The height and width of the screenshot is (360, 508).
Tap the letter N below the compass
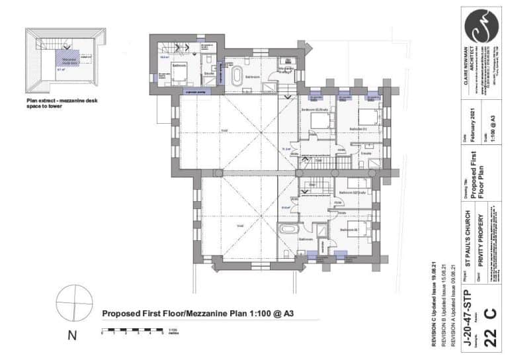tap(72, 336)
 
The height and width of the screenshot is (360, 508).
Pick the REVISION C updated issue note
tap(434, 305)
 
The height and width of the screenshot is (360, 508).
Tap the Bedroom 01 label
tap(358, 128)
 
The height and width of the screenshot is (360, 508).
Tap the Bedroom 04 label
tap(349, 229)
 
